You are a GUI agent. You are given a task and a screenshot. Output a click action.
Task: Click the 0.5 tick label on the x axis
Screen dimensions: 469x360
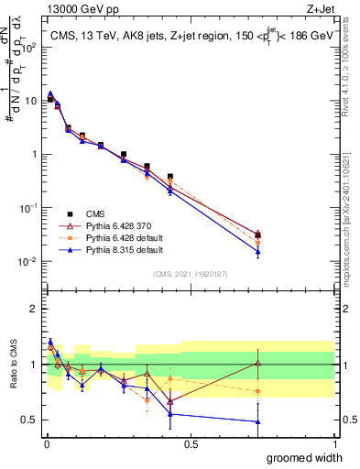pos(191,443)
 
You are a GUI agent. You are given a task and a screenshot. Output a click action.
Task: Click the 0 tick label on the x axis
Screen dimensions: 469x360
pos(47,443)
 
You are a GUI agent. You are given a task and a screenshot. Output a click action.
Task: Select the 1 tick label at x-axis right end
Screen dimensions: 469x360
pos(333,443)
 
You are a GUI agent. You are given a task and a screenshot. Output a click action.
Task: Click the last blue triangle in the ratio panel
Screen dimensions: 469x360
pos(258,421)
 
